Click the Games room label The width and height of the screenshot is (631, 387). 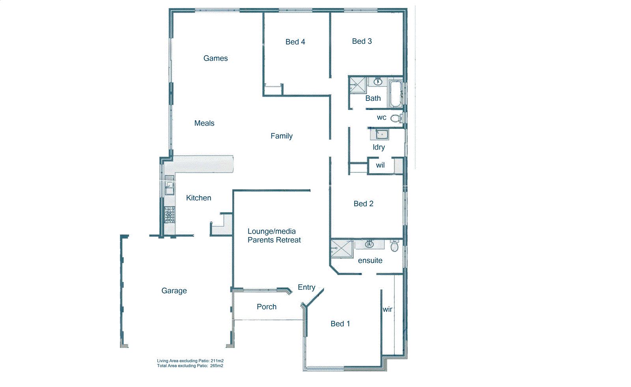coord(215,58)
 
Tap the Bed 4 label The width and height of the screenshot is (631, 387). coord(295,42)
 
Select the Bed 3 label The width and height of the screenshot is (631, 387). coord(362,41)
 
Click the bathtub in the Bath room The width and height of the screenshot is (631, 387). coord(395,94)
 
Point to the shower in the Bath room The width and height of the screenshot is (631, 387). coord(358,85)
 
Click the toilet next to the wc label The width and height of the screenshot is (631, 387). coord(396,118)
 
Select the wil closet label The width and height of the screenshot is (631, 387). coord(380,165)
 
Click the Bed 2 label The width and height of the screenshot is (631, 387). coord(363,204)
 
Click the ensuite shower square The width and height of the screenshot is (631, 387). coord(342,248)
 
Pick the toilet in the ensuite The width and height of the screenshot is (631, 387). coord(394,247)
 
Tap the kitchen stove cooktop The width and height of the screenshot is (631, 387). coord(170,215)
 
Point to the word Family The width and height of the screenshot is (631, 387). coord(281,136)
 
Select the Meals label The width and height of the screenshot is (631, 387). coord(204,123)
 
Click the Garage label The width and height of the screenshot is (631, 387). coord(174,291)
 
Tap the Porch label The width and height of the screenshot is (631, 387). coord(266,307)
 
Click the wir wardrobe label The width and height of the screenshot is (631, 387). coord(387,309)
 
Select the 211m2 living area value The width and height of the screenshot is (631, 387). coord(217,361)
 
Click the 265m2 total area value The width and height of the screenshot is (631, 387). coord(217,366)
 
